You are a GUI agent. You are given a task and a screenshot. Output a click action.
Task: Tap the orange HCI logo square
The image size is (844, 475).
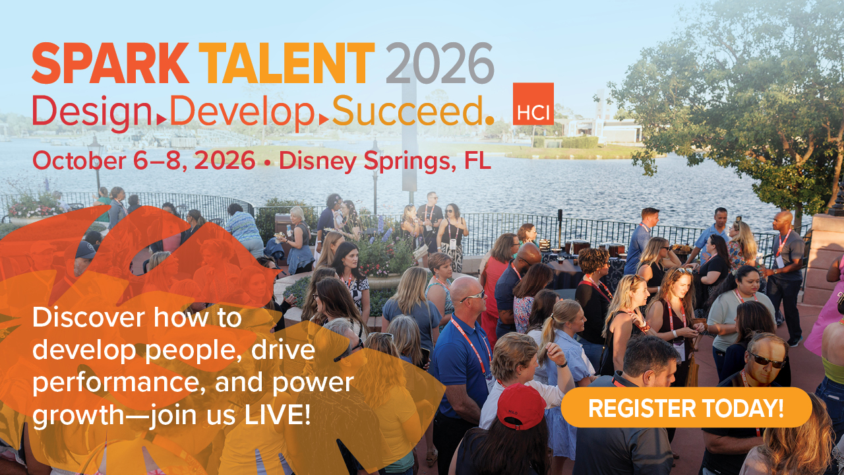pyautogui.click(x=533, y=104)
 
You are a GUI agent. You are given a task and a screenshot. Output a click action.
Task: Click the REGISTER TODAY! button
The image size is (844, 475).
pyautogui.click(x=686, y=408)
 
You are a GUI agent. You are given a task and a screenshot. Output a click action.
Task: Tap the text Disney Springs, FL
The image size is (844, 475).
pyautogui.click(x=385, y=161)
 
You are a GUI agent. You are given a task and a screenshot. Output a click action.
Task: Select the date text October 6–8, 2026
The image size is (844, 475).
pyautogui.click(x=144, y=161)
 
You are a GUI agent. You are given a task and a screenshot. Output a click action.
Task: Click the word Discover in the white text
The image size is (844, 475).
pyautogui.click(x=88, y=318)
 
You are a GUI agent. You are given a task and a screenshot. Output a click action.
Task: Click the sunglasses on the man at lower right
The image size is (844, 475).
pyautogui.click(x=766, y=360)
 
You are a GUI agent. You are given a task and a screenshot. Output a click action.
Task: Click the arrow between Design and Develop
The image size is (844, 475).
pyautogui.click(x=162, y=119)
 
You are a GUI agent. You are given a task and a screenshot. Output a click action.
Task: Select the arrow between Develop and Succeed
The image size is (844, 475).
pyautogui.click(x=323, y=119)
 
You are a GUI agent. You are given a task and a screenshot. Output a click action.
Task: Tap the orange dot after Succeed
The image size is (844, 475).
pyautogui.click(x=489, y=120)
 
